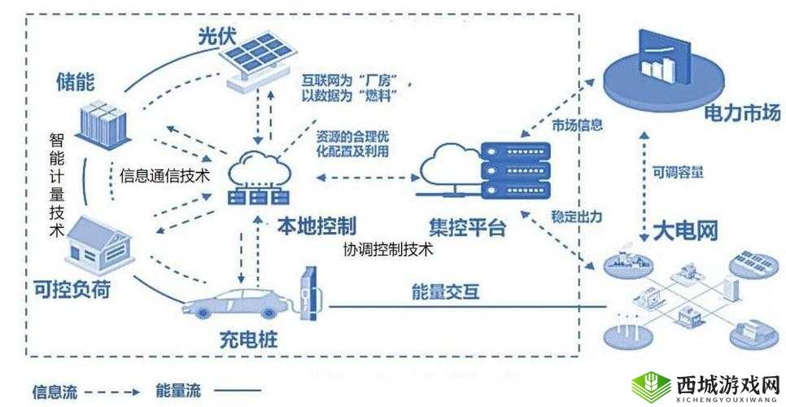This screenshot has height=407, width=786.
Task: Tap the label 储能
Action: tap(74, 81)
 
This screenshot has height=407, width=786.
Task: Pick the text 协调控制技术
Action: tap(387, 250)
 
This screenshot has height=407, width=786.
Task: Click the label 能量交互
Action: tap(445, 291)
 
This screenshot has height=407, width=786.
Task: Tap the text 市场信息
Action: tap(577, 125)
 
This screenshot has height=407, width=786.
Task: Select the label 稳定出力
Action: tap(577, 217)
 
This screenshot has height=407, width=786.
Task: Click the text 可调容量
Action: tap(678, 173)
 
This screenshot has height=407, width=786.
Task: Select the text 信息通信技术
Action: tap(165, 174)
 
